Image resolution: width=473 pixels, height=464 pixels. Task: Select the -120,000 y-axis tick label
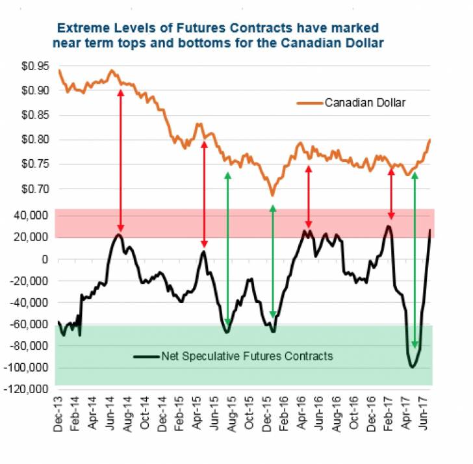[x=27, y=389]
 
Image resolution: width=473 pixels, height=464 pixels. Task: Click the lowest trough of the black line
[x=412, y=367]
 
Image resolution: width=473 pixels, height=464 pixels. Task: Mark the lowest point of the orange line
[x=272, y=195]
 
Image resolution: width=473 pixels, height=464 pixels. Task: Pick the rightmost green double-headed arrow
[x=415, y=260]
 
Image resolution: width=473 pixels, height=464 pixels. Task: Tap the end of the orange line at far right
[x=430, y=140]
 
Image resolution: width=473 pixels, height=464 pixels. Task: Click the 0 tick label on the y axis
[x=45, y=259]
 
